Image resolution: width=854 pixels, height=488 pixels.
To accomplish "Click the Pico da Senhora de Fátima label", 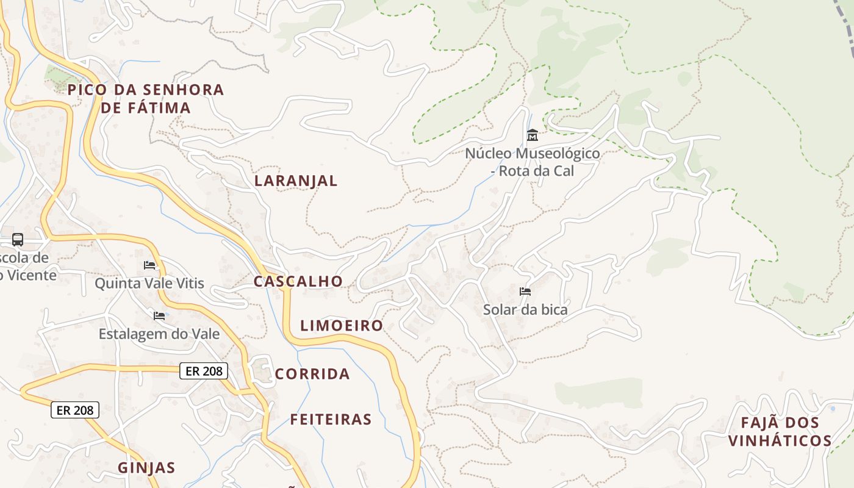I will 146,99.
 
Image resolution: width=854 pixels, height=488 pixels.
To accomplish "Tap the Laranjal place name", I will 296,181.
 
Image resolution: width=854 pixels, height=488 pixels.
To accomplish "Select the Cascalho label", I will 298,281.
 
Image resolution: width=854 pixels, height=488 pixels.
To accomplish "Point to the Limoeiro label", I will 342,326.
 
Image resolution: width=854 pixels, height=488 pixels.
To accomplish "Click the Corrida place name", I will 312,374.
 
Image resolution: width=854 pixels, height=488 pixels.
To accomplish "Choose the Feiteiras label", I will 331,420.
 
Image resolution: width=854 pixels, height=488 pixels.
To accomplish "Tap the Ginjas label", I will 146,468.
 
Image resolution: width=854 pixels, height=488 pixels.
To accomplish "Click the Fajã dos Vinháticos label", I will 780,431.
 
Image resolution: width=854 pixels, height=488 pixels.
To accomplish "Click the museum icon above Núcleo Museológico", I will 532,135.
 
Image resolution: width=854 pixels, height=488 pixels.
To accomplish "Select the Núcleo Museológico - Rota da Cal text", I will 533,162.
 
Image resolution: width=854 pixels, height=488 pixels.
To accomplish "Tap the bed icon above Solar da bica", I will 525,292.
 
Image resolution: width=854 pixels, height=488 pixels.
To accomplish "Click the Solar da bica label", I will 525,310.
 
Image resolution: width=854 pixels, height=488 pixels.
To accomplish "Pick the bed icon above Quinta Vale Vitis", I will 149,265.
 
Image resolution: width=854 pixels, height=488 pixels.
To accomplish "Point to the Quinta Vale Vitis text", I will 149,283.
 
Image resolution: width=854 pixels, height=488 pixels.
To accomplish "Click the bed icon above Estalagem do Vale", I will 159,316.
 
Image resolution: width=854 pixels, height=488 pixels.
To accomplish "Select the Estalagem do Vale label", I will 159,334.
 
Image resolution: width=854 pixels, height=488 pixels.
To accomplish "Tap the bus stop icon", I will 18,240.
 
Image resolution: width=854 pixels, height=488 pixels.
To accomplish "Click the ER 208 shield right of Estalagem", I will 204,370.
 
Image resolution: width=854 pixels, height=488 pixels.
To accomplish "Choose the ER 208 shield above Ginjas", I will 74,410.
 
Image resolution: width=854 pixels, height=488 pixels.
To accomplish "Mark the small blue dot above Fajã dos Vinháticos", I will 833,408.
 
